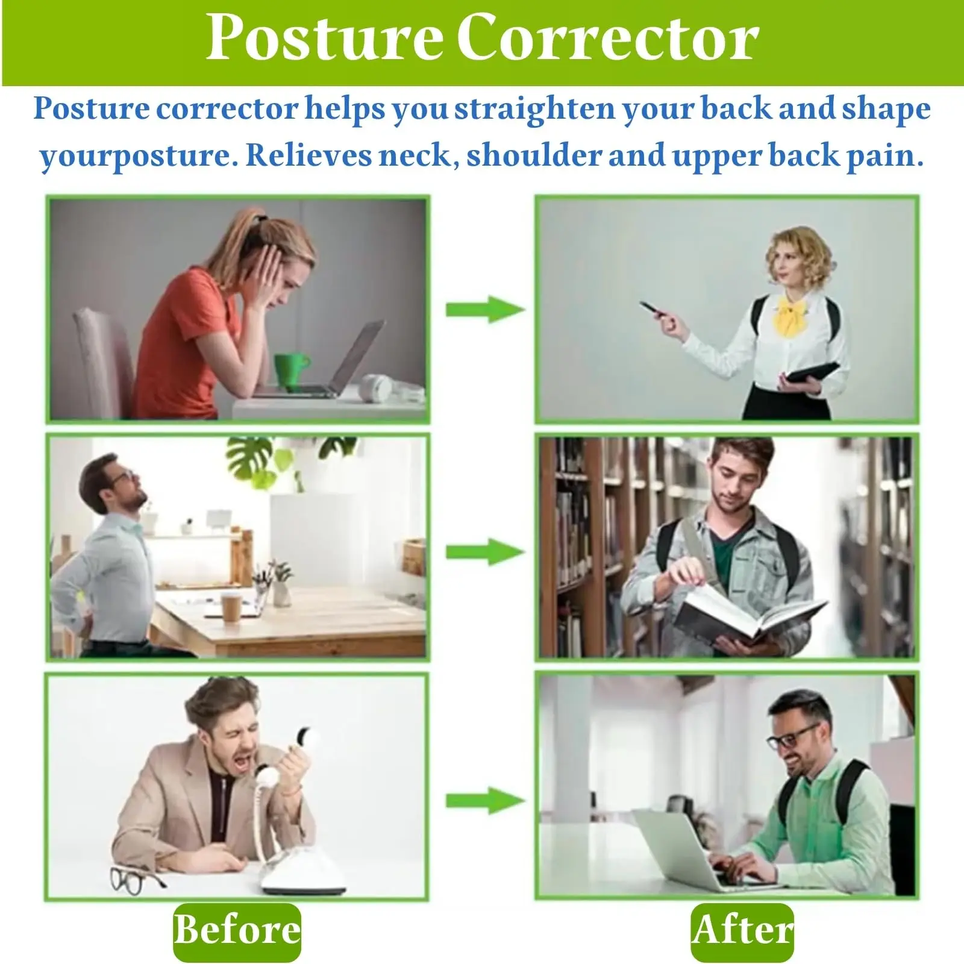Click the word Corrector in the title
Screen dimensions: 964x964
click(607, 37)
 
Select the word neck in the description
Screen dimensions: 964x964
click(415, 155)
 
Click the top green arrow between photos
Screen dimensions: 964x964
click(485, 309)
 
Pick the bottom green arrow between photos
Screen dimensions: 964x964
click(485, 800)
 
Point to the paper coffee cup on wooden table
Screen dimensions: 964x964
click(231, 607)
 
